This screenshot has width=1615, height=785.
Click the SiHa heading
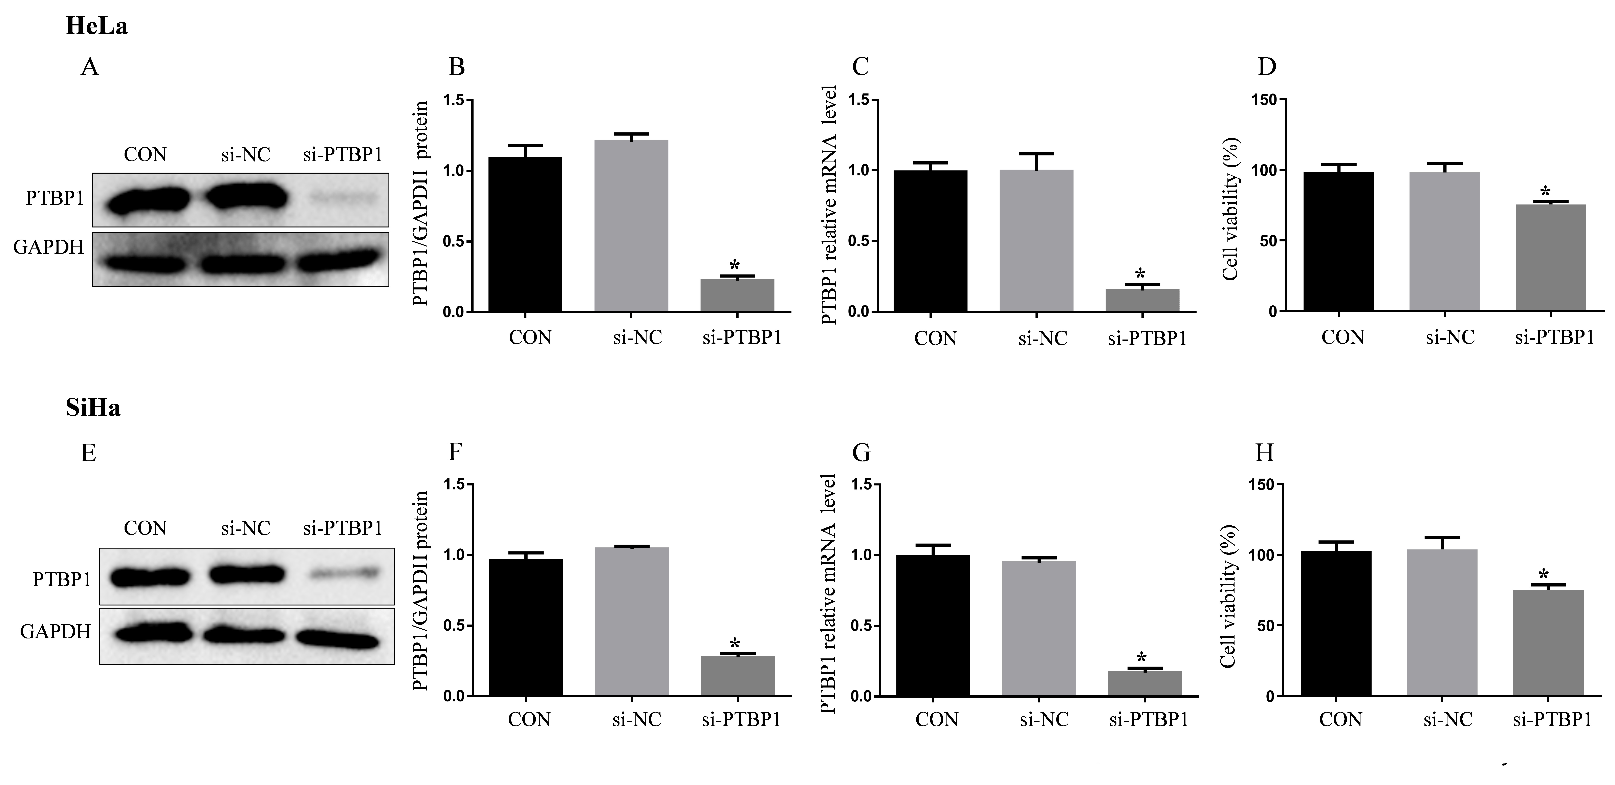pyautogui.click(x=93, y=408)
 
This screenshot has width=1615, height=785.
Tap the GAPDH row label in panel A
pyautogui.click(x=48, y=248)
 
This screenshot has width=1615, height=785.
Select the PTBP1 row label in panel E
pyautogui.click(x=61, y=580)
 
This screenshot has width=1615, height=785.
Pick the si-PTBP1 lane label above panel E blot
pyautogui.click(x=342, y=529)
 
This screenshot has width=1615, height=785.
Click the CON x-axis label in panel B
pyautogui.click(x=530, y=338)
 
